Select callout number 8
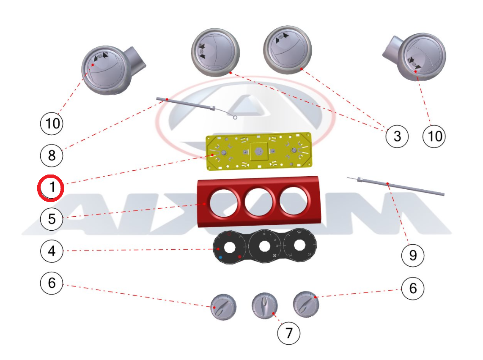[x=51, y=155]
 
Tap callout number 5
[x=51, y=219]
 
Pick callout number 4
[x=51, y=251]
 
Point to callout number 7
[x=289, y=333]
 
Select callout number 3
[x=397, y=136]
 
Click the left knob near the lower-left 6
[x=223, y=306]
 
